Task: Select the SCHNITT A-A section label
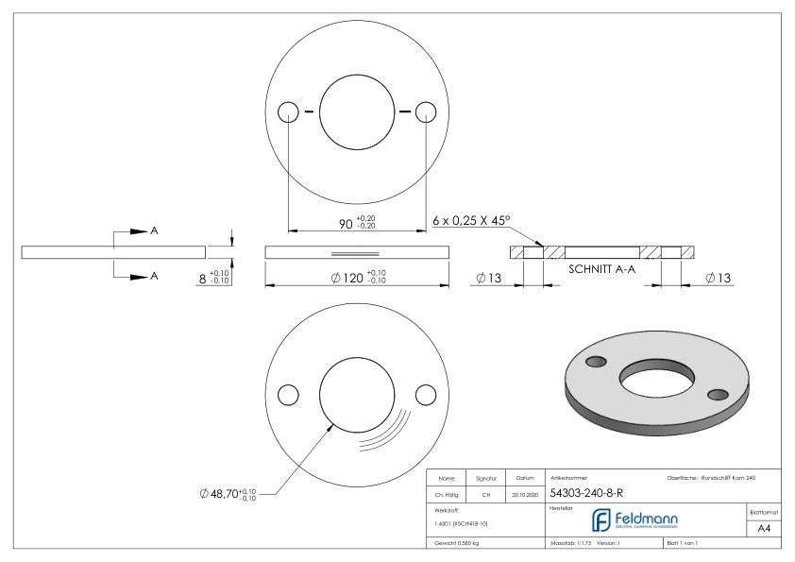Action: coord(601,267)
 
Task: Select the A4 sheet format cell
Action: coord(766,530)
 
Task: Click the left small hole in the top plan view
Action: coord(289,112)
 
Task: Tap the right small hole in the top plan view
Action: coord(428,112)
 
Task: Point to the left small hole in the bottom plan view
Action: coord(289,393)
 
